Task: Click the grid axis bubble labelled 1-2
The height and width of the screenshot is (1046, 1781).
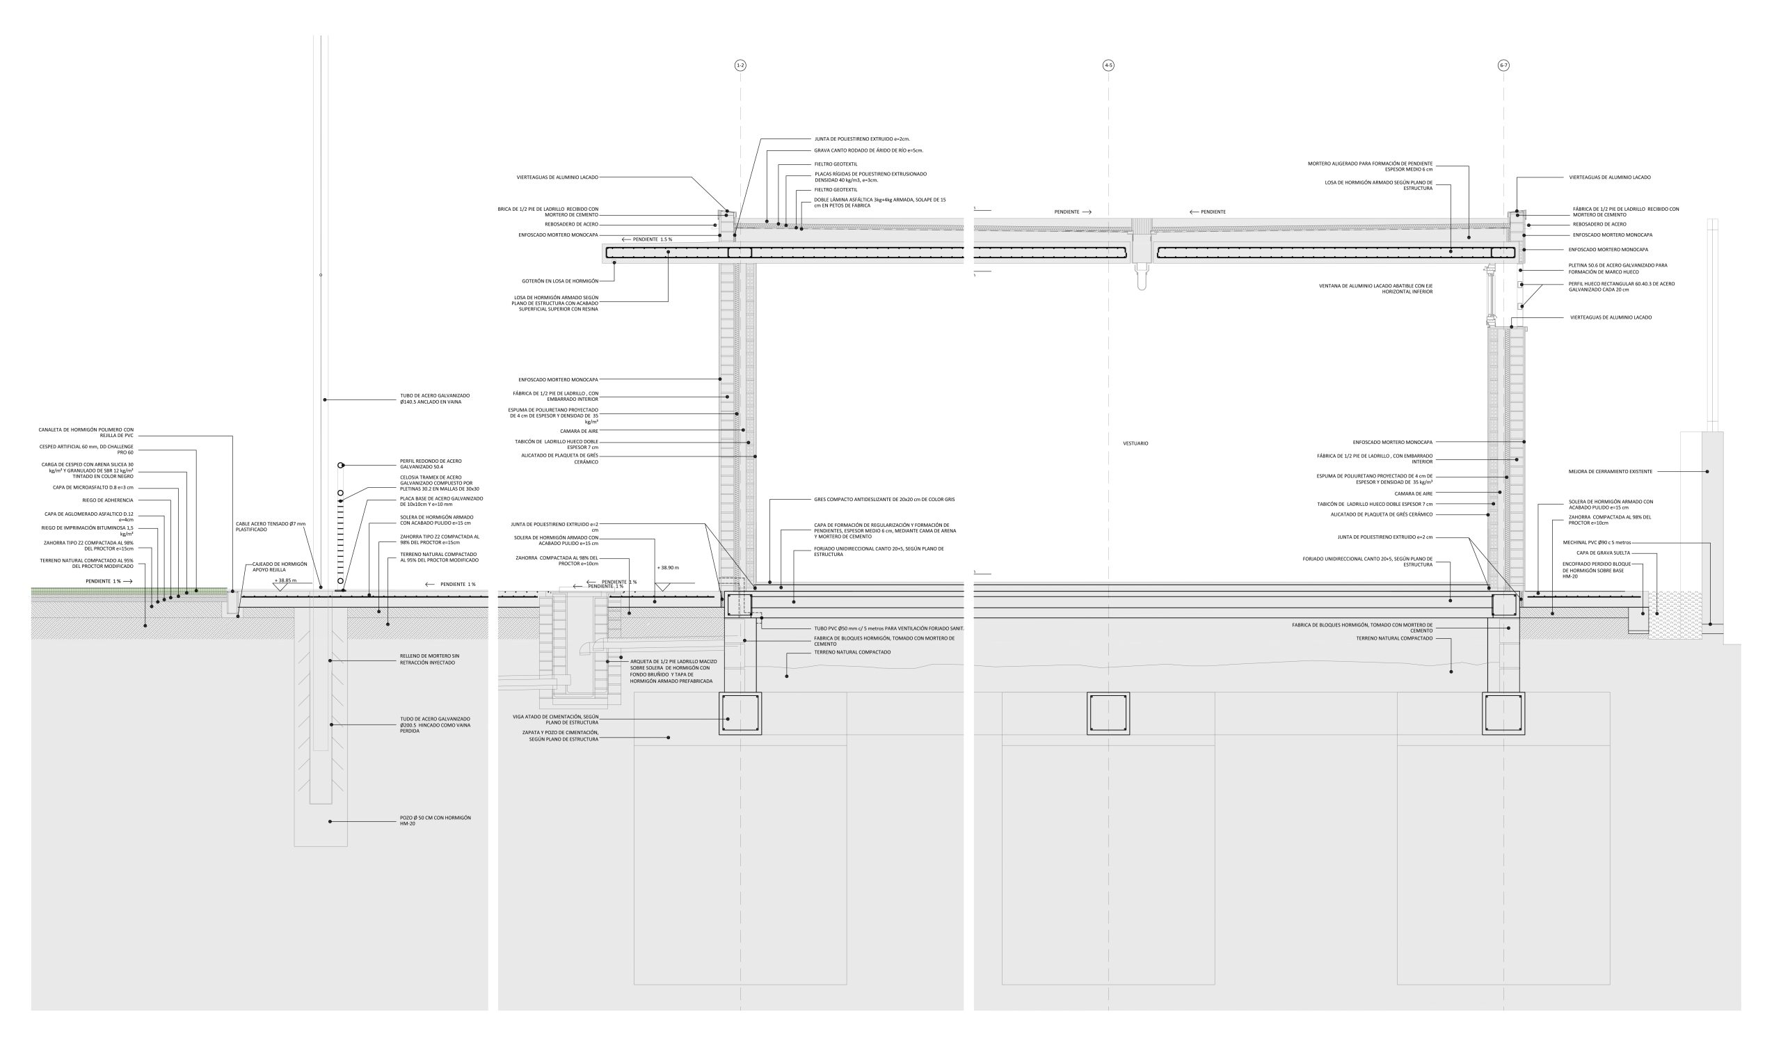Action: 740,65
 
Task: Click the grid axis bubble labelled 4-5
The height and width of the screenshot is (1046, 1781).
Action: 1108,65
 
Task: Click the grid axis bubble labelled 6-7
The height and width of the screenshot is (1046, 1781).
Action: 1503,65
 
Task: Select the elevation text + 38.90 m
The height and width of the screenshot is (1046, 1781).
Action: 667,567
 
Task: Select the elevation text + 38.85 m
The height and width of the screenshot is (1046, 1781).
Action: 285,580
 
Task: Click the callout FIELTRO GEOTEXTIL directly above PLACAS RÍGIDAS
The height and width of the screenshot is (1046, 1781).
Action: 836,164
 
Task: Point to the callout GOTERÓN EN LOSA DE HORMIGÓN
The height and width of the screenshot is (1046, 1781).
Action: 560,280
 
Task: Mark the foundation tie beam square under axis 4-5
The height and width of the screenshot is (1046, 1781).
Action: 1108,713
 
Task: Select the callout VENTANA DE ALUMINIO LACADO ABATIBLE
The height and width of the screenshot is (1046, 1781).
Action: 1375,288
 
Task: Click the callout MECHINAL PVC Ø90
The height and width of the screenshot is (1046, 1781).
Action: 1600,543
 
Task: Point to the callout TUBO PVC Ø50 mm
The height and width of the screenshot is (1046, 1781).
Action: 888,628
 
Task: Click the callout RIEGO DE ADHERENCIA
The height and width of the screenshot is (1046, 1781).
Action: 107,500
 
